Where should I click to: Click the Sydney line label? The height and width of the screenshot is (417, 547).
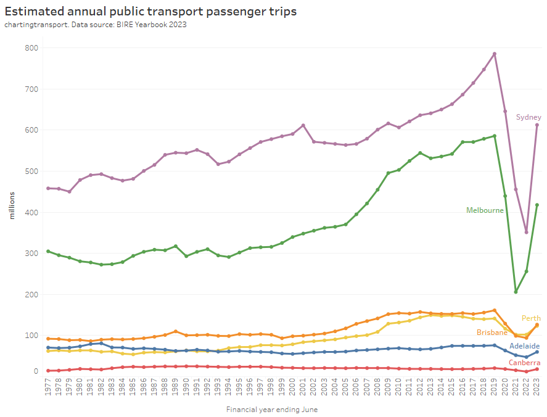[x=528, y=117]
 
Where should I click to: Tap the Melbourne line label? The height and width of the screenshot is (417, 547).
[x=485, y=210]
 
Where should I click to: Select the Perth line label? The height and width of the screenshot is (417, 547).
[x=531, y=318]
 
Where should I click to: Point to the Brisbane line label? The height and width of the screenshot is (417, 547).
[x=491, y=332]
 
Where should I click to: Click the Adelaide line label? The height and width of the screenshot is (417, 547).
[x=525, y=346]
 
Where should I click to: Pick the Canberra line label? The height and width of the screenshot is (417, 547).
[x=525, y=362]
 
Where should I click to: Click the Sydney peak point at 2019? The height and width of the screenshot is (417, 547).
[x=495, y=54]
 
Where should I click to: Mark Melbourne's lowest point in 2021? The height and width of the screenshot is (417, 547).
[x=516, y=292]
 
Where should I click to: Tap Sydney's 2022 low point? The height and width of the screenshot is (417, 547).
[x=526, y=232]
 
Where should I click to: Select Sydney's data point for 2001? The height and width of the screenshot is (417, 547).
[x=303, y=125]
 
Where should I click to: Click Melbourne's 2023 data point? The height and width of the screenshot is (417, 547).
[x=537, y=205]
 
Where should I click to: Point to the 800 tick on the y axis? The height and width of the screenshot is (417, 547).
[x=31, y=48]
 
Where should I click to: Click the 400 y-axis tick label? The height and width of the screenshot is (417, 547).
[x=31, y=212]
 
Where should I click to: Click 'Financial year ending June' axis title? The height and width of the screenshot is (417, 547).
[x=272, y=409]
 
